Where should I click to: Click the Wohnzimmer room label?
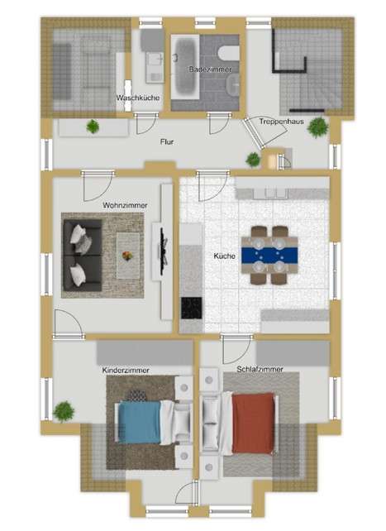[x=125, y=205]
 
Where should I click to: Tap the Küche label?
[x=224, y=256]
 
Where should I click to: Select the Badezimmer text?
[x=211, y=69]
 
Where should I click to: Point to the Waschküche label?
[x=138, y=98]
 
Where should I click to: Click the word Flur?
[x=167, y=141]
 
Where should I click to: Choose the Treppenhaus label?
[x=282, y=122]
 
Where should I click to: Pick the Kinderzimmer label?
[x=126, y=371]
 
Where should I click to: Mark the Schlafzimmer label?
[x=260, y=369]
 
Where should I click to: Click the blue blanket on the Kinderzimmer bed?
[x=140, y=422]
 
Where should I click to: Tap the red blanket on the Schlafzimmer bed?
[x=253, y=423]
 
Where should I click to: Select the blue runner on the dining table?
[x=269, y=256]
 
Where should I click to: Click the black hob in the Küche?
[x=192, y=308]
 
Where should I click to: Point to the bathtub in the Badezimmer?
[x=185, y=67]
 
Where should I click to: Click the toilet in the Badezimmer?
[x=229, y=53]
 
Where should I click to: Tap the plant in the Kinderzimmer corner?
[x=64, y=411]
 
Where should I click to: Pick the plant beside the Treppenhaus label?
[x=317, y=127]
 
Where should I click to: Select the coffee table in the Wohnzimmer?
[x=128, y=256]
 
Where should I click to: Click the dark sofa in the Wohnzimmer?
[x=83, y=256]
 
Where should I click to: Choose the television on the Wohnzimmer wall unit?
[x=163, y=251]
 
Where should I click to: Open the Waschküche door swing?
[x=145, y=124]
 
